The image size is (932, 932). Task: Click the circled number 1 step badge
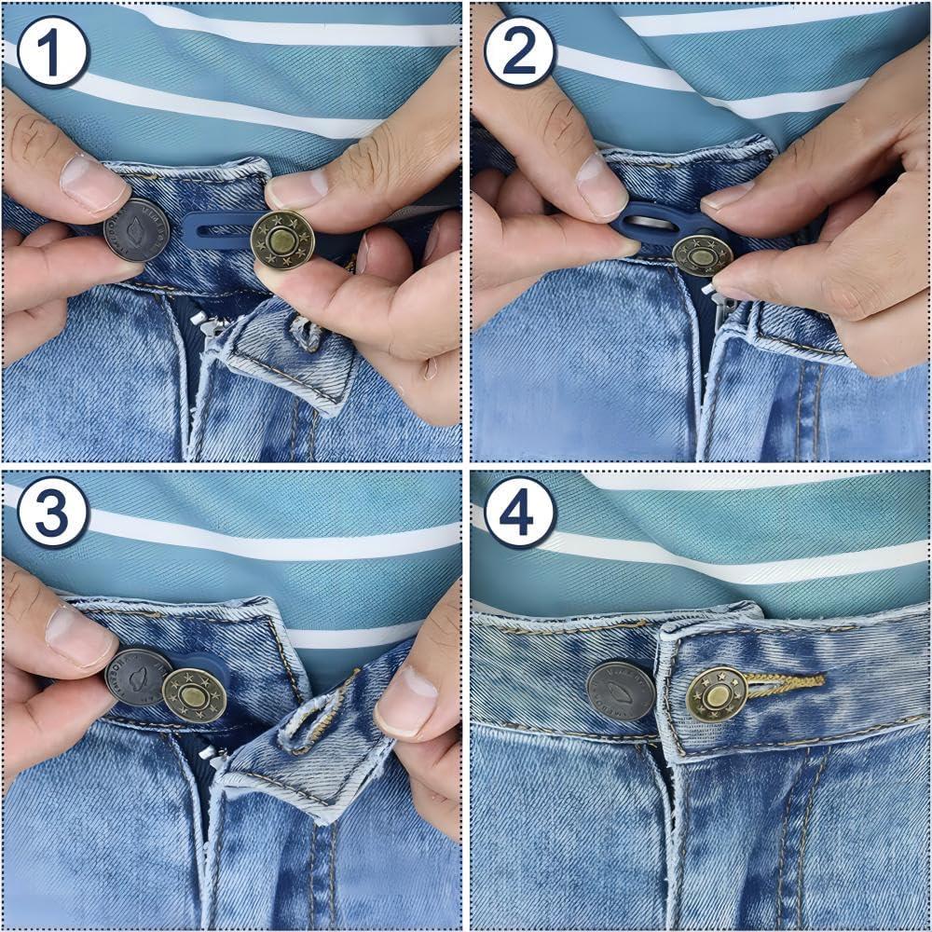click(52, 51)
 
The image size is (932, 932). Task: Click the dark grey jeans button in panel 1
click(136, 228)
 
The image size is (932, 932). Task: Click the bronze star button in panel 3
click(194, 695)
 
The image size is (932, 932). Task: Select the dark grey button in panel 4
click(620, 691)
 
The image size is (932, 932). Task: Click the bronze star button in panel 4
click(717, 693)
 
